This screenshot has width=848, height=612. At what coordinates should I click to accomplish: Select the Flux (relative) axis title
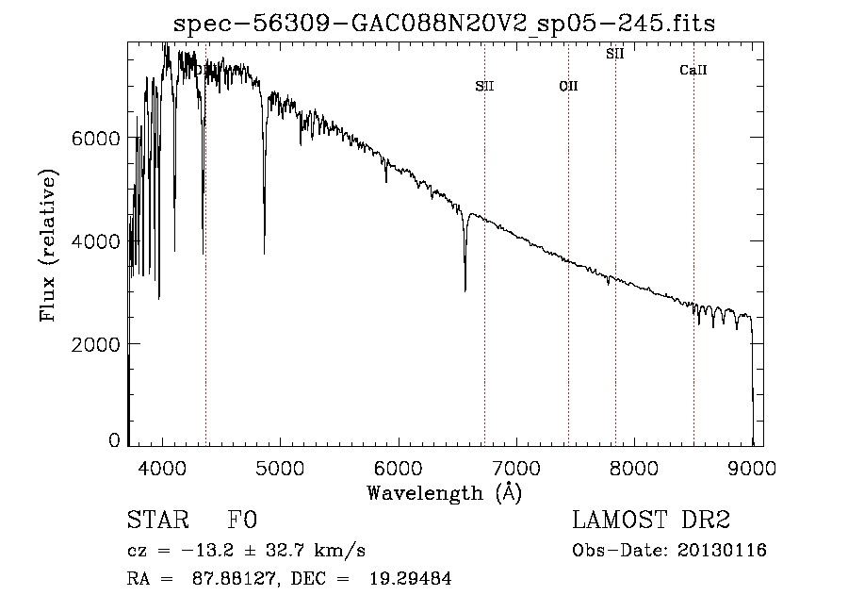pyautogui.click(x=48, y=245)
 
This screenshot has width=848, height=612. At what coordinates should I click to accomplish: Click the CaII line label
pyautogui.click(x=693, y=71)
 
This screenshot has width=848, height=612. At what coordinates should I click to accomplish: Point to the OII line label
pyautogui.click(x=568, y=86)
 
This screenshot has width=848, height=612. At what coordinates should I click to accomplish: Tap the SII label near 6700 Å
pyautogui.click(x=484, y=86)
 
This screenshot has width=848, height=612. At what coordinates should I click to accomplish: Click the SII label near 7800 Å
pyautogui.click(x=615, y=54)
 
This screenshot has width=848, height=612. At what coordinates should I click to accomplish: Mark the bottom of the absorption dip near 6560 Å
pyautogui.click(x=465, y=289)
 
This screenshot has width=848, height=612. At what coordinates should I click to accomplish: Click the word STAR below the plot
pyautogui.click(x=156, y=521)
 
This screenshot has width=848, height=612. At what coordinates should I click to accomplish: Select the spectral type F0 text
pyautogui.click(x=242, y=521)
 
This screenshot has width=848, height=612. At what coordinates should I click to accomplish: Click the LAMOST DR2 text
pyautogui.click(x=651, y=521)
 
